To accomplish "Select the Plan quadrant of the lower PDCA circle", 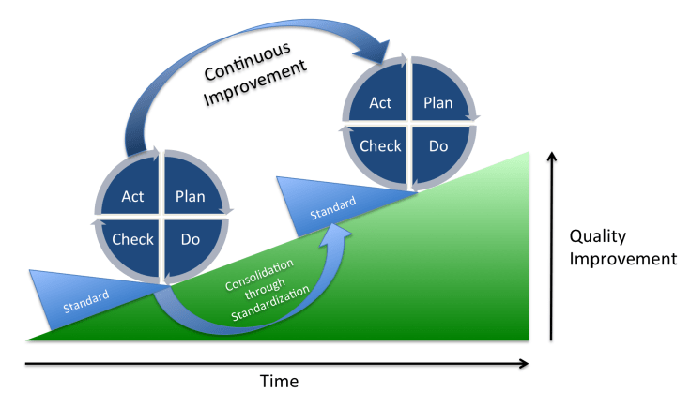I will pyautogui.click(x=191, y=197).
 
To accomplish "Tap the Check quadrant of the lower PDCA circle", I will pyautogui.click(x=132, y=239).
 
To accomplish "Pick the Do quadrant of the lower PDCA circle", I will pyautogui.click(x=191, y=239).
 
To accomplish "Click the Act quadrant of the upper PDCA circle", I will pyautogui.click(x=380, y=103).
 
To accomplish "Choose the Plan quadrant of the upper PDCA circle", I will pyautogui.click(x=438, y=103).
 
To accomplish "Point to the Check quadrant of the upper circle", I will pyautogui.click(x=380, y=145).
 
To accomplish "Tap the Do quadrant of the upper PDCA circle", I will pyautogui.click(x=438, y=145).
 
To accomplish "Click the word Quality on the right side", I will pyautogui.click(x=598, y=236).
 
